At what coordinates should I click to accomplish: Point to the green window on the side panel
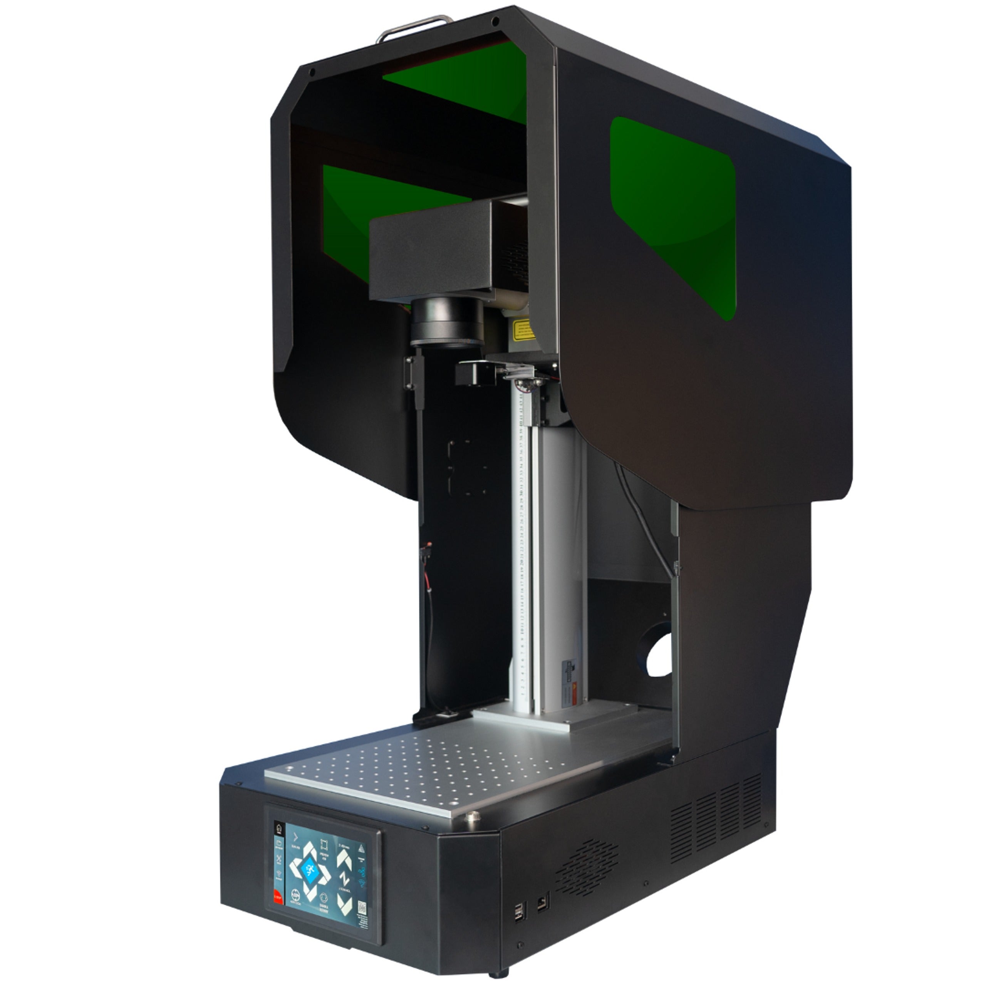pyautogui.click(x=674, y=215)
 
